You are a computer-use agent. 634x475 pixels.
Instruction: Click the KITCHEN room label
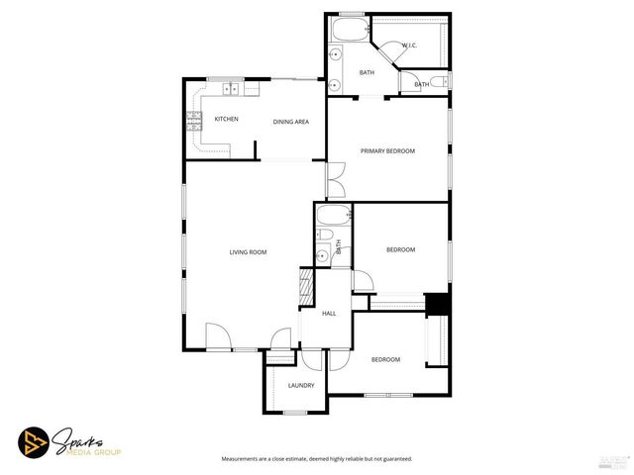[226, 120]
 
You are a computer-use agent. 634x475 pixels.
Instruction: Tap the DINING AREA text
[291, 122]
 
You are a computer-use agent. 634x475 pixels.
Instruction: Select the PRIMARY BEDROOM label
[387, 150]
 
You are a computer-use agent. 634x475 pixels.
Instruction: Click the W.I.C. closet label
[409, 46]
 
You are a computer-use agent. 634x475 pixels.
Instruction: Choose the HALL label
[329, 314]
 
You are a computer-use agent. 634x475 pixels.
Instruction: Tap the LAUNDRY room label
[301, 385]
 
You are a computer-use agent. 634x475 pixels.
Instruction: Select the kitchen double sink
[231, 90]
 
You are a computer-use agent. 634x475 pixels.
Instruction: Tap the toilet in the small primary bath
[441, 81]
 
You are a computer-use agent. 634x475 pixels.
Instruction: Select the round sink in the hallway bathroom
[323, 255]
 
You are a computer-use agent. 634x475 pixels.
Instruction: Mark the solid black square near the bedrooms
[437, 304]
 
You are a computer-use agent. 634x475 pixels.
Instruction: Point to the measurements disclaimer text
[316, 459]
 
